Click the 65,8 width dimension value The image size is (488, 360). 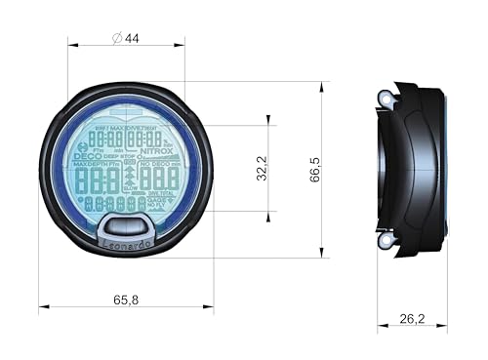click(125, 300)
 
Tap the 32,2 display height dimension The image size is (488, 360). click(260, 168)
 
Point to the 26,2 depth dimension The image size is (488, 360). click(412, 318)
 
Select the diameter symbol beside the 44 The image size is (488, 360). click(117, 38)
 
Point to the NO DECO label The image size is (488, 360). click(159, 164)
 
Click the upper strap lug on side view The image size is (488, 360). click(386, 97)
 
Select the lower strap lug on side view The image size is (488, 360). click(386, 239)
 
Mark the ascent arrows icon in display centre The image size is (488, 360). click(129, 180)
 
